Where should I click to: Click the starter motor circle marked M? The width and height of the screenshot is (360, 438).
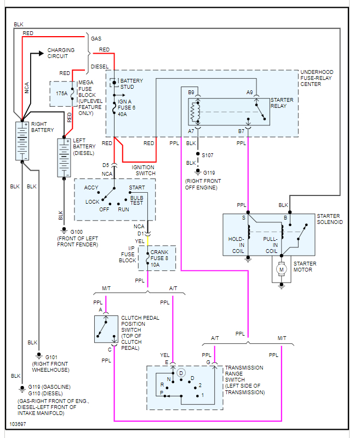[282, 269]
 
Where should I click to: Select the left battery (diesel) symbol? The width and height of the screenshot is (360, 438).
[64, 158]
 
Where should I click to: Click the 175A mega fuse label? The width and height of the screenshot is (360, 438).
[61, 94]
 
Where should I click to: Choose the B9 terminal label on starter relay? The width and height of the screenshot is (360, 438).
[191, 93]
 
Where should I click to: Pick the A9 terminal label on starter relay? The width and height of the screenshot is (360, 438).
[250, 93]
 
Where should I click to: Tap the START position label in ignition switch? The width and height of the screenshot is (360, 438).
[137, 188]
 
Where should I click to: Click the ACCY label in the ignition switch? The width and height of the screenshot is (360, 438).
[92, 188]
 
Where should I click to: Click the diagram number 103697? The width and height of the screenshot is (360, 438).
[18, 424]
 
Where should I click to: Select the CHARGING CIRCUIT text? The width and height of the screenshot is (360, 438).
[61, 53]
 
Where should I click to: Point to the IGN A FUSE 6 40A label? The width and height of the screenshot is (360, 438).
[127, 108]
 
